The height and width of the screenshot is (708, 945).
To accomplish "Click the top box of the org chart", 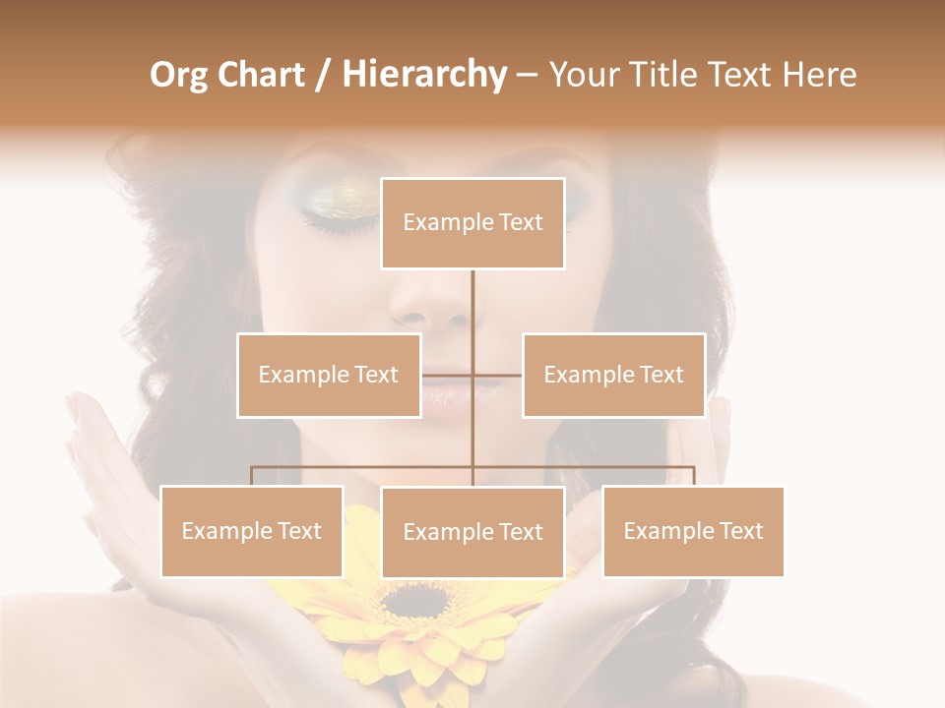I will click(472, 223).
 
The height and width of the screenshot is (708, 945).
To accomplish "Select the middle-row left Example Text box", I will click(329, 375).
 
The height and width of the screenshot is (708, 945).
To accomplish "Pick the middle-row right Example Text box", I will click(613, 375).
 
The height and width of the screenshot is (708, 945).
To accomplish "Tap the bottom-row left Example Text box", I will click(251, 531).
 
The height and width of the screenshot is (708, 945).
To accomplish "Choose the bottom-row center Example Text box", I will click(472, 532).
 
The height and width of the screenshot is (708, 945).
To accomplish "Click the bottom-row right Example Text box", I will click(693, 531).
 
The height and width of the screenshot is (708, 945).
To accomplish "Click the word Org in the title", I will click(178, 75).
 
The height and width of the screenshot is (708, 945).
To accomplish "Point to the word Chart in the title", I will click(262, 75).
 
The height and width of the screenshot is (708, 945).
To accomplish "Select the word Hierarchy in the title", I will click(423, 75).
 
